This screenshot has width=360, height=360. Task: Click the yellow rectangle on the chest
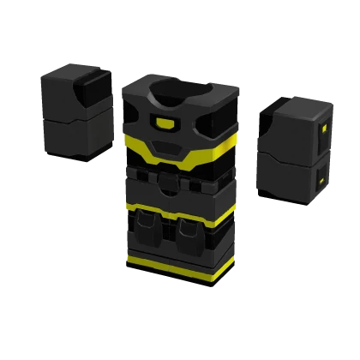tap(165, 123)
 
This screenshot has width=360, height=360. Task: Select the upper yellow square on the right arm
tap(323, 130)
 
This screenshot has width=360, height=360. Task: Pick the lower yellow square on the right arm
tap(320, 182)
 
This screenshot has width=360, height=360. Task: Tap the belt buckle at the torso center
tap(169, 179)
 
